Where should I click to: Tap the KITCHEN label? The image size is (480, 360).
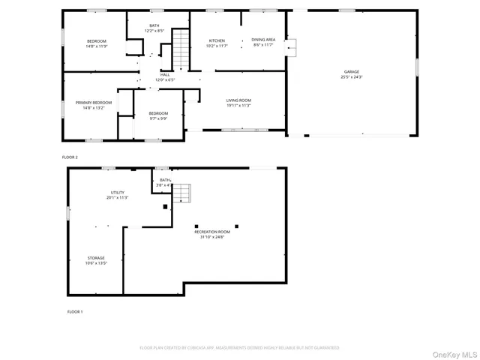(x=217, y=40)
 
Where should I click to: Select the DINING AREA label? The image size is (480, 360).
(x=263, y=40)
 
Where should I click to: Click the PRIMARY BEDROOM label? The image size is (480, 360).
(x=93, y=102)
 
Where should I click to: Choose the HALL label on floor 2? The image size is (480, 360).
(x=164, y=75)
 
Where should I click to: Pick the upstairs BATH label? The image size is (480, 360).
(x=154, y=25)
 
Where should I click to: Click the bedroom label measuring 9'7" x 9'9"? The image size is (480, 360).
(x=158, y=113)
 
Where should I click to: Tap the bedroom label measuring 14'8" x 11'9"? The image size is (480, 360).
(x=97, y=40)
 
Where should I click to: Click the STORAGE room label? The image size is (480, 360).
(x=95, y=258)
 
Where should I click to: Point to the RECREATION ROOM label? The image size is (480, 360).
(x=212, y=232)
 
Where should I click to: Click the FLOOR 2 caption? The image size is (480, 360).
(x=70, y=157)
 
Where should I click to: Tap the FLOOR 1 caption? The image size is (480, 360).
(x=75, y=311)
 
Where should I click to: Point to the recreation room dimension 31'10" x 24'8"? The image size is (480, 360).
(x=212, y=237)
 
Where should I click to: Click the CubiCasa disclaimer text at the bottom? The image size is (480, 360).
(x=239, y=348)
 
